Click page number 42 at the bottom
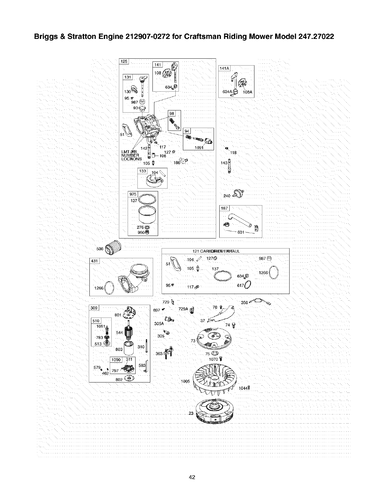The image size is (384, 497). [192, 477]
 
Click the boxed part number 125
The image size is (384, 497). [124, 61]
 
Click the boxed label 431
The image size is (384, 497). [94, 261]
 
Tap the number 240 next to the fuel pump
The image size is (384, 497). [227, 196]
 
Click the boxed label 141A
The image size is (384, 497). [224, 68]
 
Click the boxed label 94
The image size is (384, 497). [187, 131]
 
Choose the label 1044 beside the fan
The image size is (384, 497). [243, 388]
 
